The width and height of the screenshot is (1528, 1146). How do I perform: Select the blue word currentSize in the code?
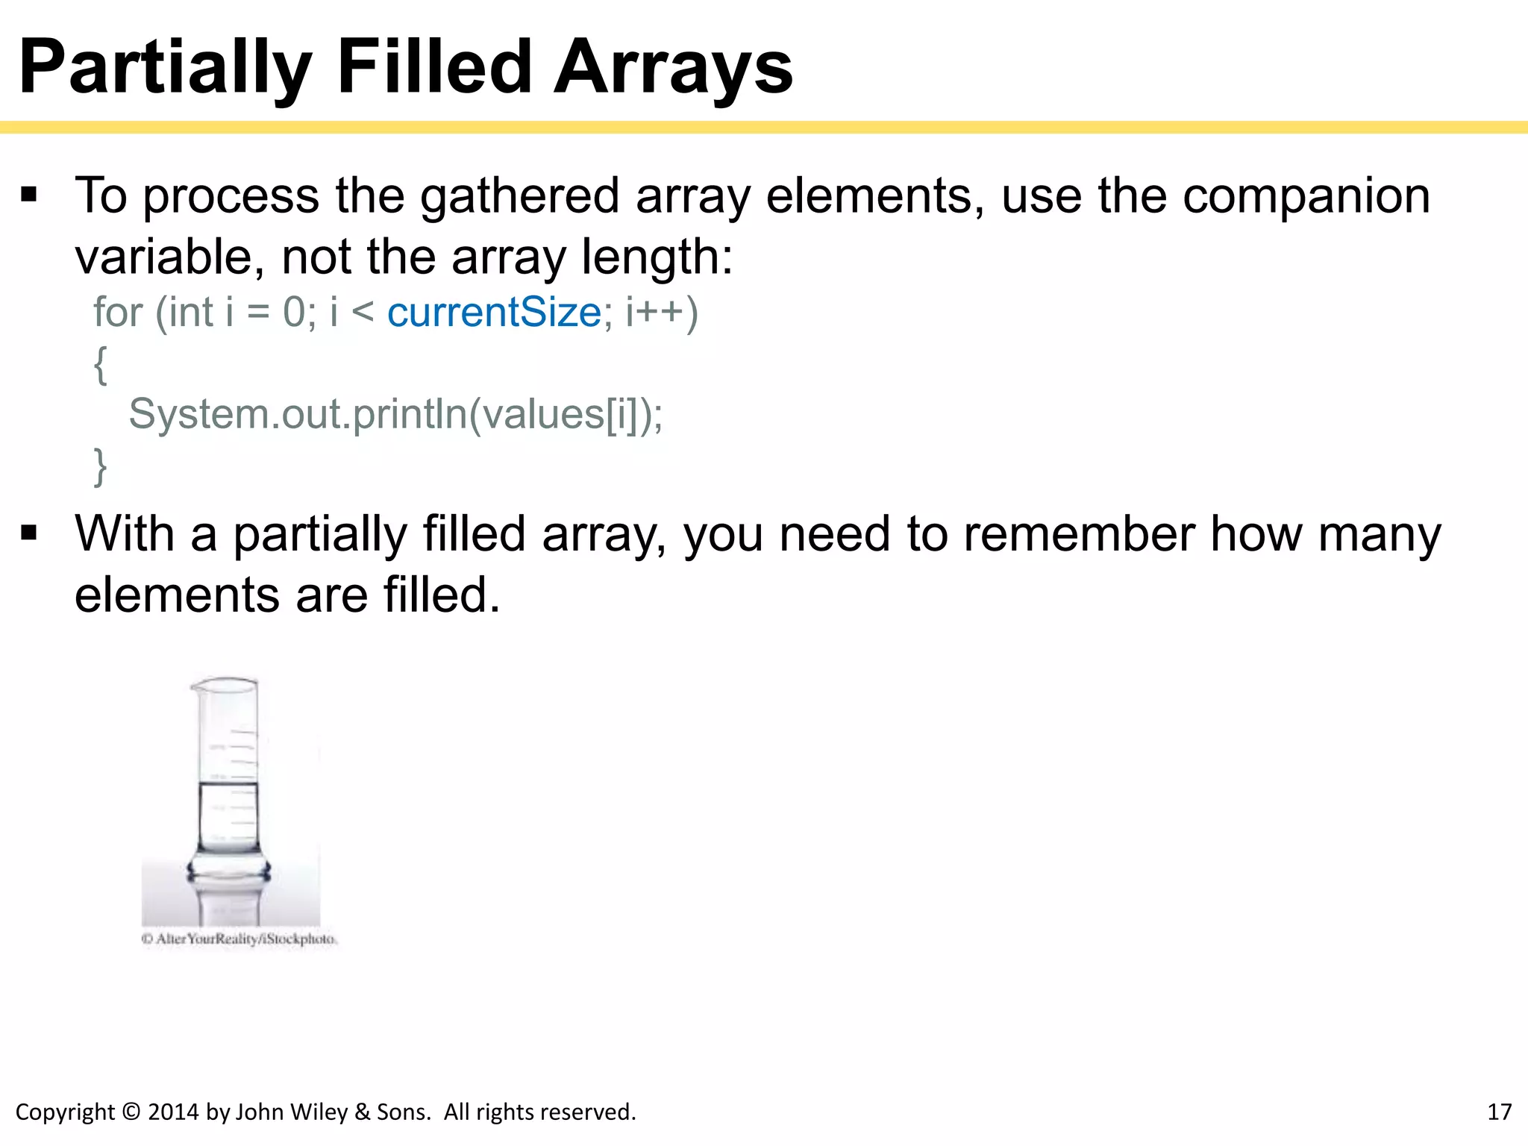[x=494, y=312]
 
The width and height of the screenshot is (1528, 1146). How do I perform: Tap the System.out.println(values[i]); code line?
[x=395, y=414]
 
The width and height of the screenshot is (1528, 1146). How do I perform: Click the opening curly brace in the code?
[x=100, y=365]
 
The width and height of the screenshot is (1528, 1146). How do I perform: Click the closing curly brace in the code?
[x=100, y=467]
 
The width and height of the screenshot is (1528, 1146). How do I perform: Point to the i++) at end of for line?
[x=661, y=312]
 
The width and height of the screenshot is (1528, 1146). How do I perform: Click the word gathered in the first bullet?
[x=519, y=196]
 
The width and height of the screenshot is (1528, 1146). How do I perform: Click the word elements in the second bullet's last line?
[x=176, y=595]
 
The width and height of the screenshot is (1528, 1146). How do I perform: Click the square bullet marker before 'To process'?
[x=29, y=195]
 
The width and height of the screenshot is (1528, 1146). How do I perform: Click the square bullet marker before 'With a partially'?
[x=29, y=533]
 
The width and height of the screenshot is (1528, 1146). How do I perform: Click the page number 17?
[x=1499, y=1112]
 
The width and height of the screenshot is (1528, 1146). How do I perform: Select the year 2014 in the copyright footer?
[x=174, y=1112]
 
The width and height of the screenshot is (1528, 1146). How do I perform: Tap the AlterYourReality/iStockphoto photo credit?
[x=239, y=939]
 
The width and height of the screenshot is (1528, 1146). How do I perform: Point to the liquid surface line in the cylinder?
[x=228, y=784]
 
